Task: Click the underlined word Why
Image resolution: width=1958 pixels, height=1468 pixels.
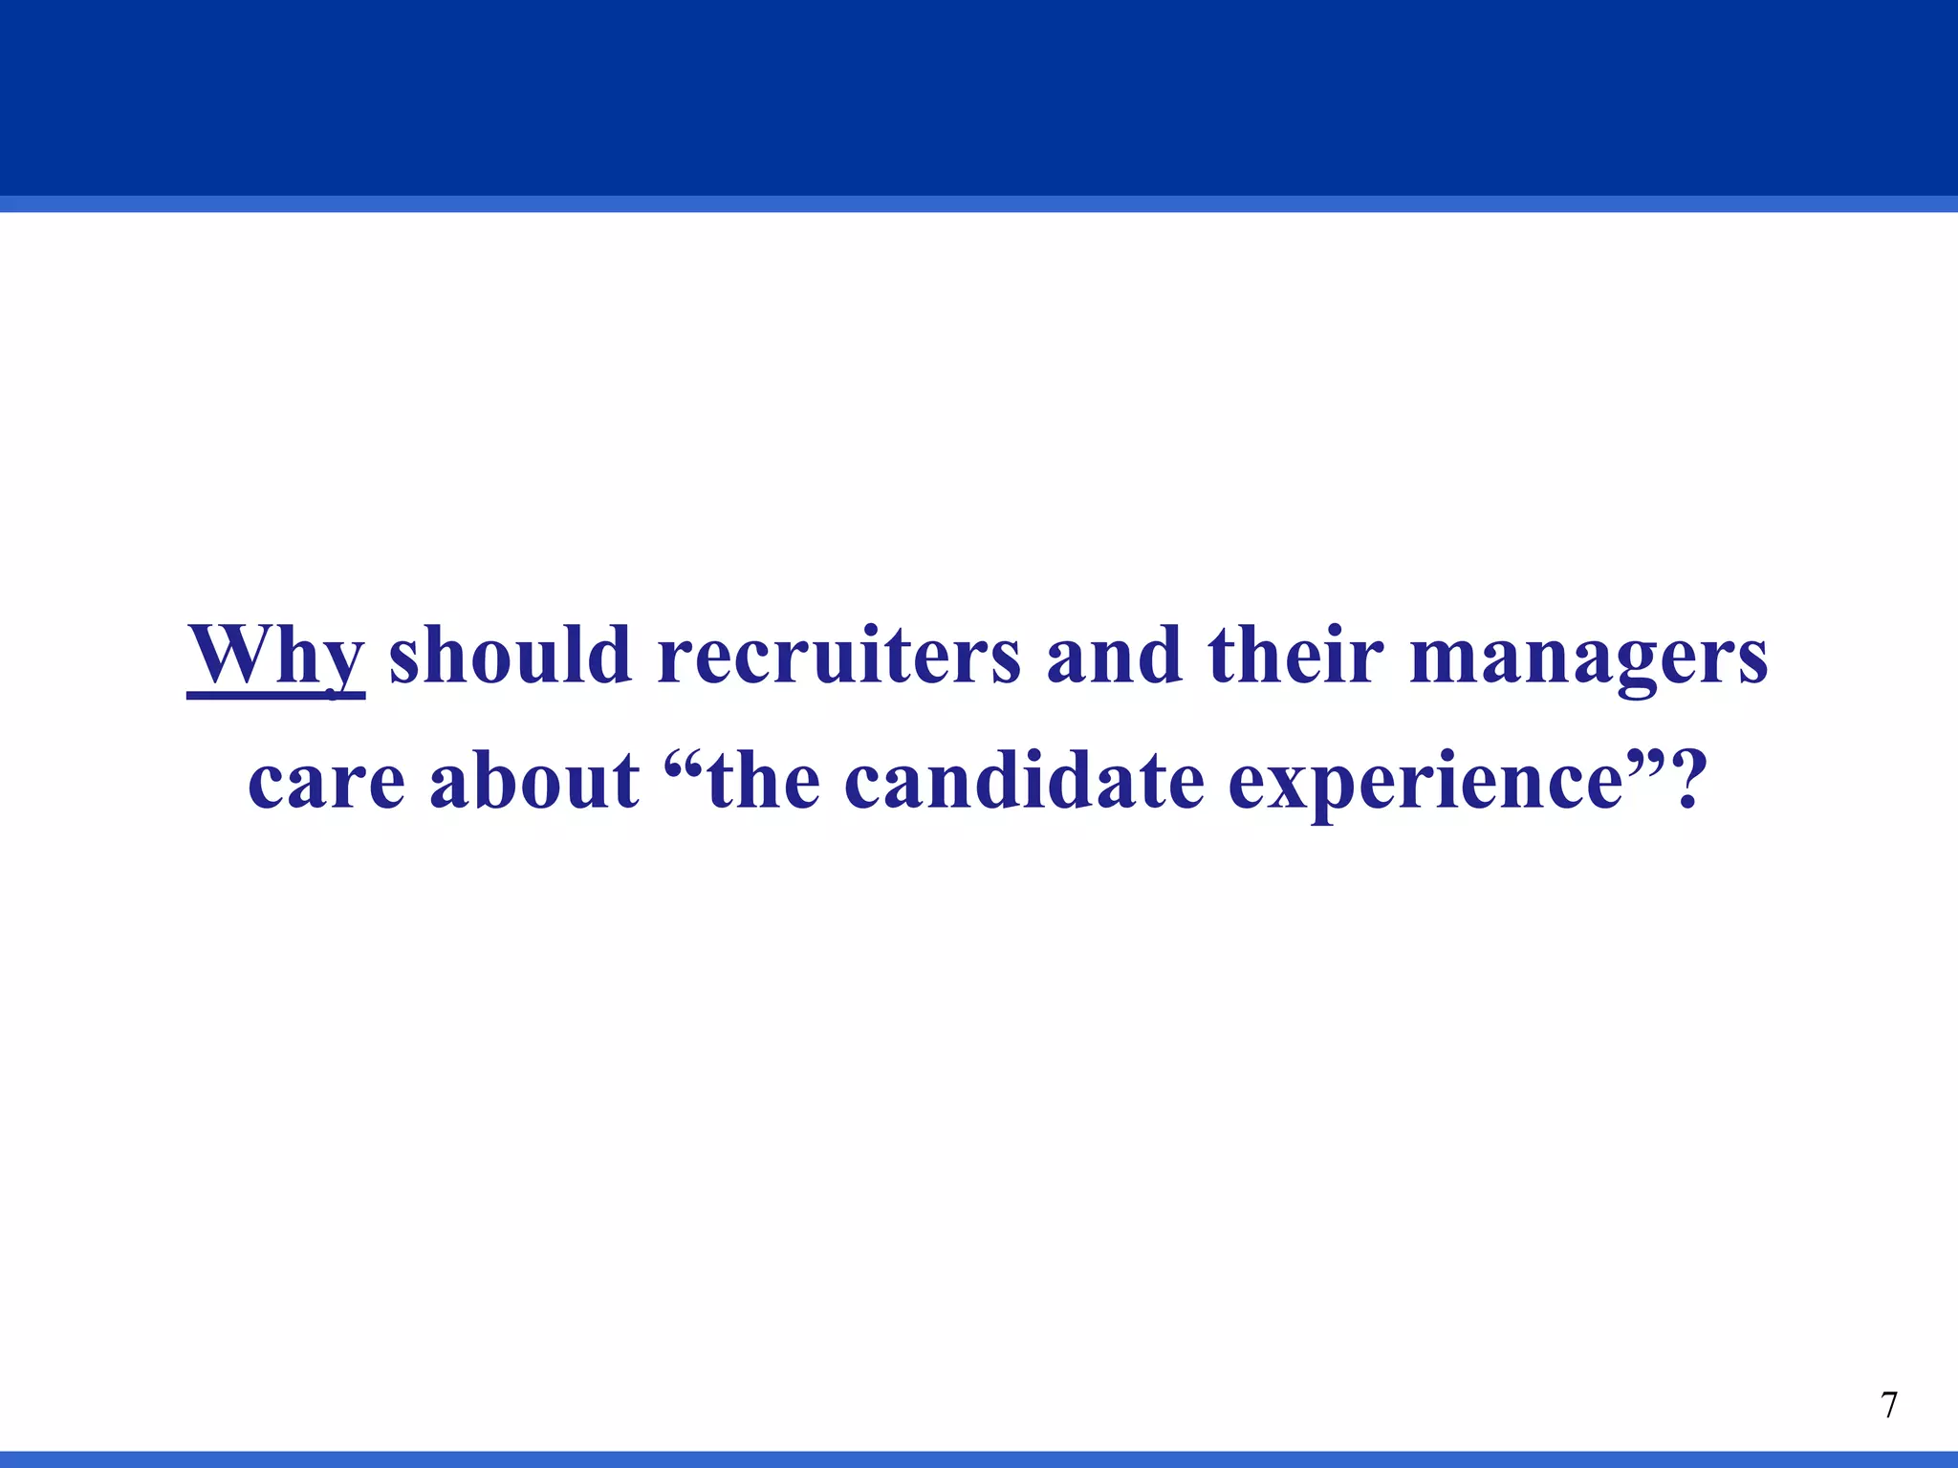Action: (x=275, y=655)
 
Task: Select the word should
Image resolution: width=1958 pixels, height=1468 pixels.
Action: (x=510, y=655)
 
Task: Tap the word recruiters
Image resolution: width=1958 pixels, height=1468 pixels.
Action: (x=839, y=655)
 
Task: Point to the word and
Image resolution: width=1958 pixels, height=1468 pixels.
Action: (x=1114, y=655)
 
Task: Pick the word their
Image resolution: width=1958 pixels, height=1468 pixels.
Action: (x=1295, y=655)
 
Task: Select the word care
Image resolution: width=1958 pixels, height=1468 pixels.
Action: (x=326, y=781)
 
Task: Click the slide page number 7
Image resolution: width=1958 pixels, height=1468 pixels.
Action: (x=1888, y=1406)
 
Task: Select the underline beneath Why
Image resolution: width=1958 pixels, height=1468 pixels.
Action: (x=275, y=696)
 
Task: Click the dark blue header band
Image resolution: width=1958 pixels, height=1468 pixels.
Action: (x=979, y=96)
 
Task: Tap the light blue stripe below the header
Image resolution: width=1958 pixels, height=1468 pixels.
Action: (x=979, y=204)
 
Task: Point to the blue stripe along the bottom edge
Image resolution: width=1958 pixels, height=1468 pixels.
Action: (x=979, y=1459)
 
